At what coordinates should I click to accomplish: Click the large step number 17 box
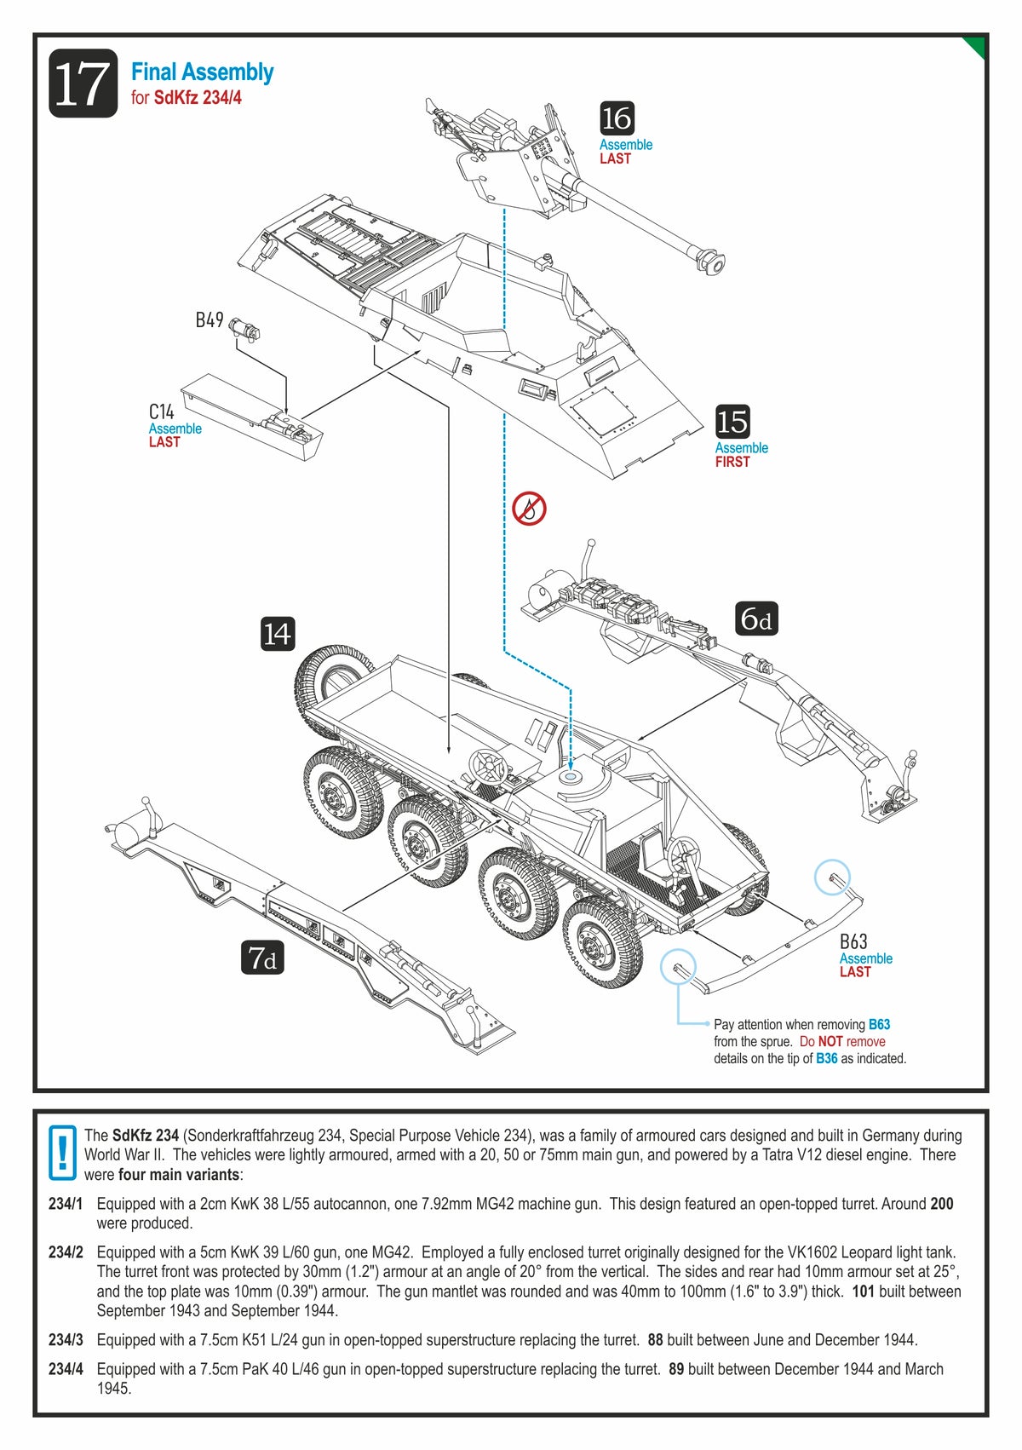[83, 83]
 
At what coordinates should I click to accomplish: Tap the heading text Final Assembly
[202, 72]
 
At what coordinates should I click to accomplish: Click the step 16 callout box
[617, 118]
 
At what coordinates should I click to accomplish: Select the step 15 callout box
[732, 422]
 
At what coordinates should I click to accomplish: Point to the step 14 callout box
[277, 634]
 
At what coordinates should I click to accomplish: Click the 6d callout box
[756, 619]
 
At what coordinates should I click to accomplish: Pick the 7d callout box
[261, 958]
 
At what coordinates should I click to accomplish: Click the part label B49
[210, 320]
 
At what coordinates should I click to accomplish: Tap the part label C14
[162, 412]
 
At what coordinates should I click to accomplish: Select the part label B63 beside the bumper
[853, 941]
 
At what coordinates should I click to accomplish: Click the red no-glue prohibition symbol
[529, 509]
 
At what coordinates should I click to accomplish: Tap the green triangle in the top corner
[975, 46]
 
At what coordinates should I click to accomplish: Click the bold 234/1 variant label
[66, 1204]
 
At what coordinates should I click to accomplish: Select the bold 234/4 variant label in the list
[66, 1369]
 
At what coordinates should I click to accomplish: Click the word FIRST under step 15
[732, 462]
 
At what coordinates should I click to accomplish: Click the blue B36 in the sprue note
[826, 1058]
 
